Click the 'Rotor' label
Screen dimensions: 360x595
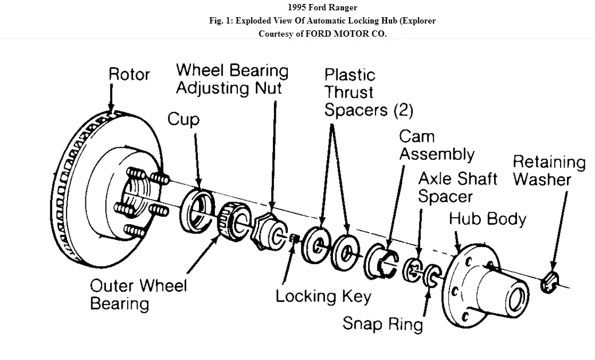click(129, 75)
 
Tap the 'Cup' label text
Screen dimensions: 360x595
click(183, 119)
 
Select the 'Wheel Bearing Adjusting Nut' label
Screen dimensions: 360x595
click(232, 79)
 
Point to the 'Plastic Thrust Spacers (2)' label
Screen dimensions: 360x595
click(368, 92)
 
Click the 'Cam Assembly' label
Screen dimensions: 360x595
click(436, 145)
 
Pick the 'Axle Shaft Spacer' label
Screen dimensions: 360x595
click(457, 187)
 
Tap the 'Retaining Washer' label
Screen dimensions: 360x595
click(549, 171)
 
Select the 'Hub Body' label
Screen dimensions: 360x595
click(487, 218)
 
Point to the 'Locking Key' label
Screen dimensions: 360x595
click(323, 296)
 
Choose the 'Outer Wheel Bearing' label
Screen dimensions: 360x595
click(138, 294)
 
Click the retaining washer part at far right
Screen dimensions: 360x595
click(549, 283)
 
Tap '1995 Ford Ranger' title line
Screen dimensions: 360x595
click(323, 7)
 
